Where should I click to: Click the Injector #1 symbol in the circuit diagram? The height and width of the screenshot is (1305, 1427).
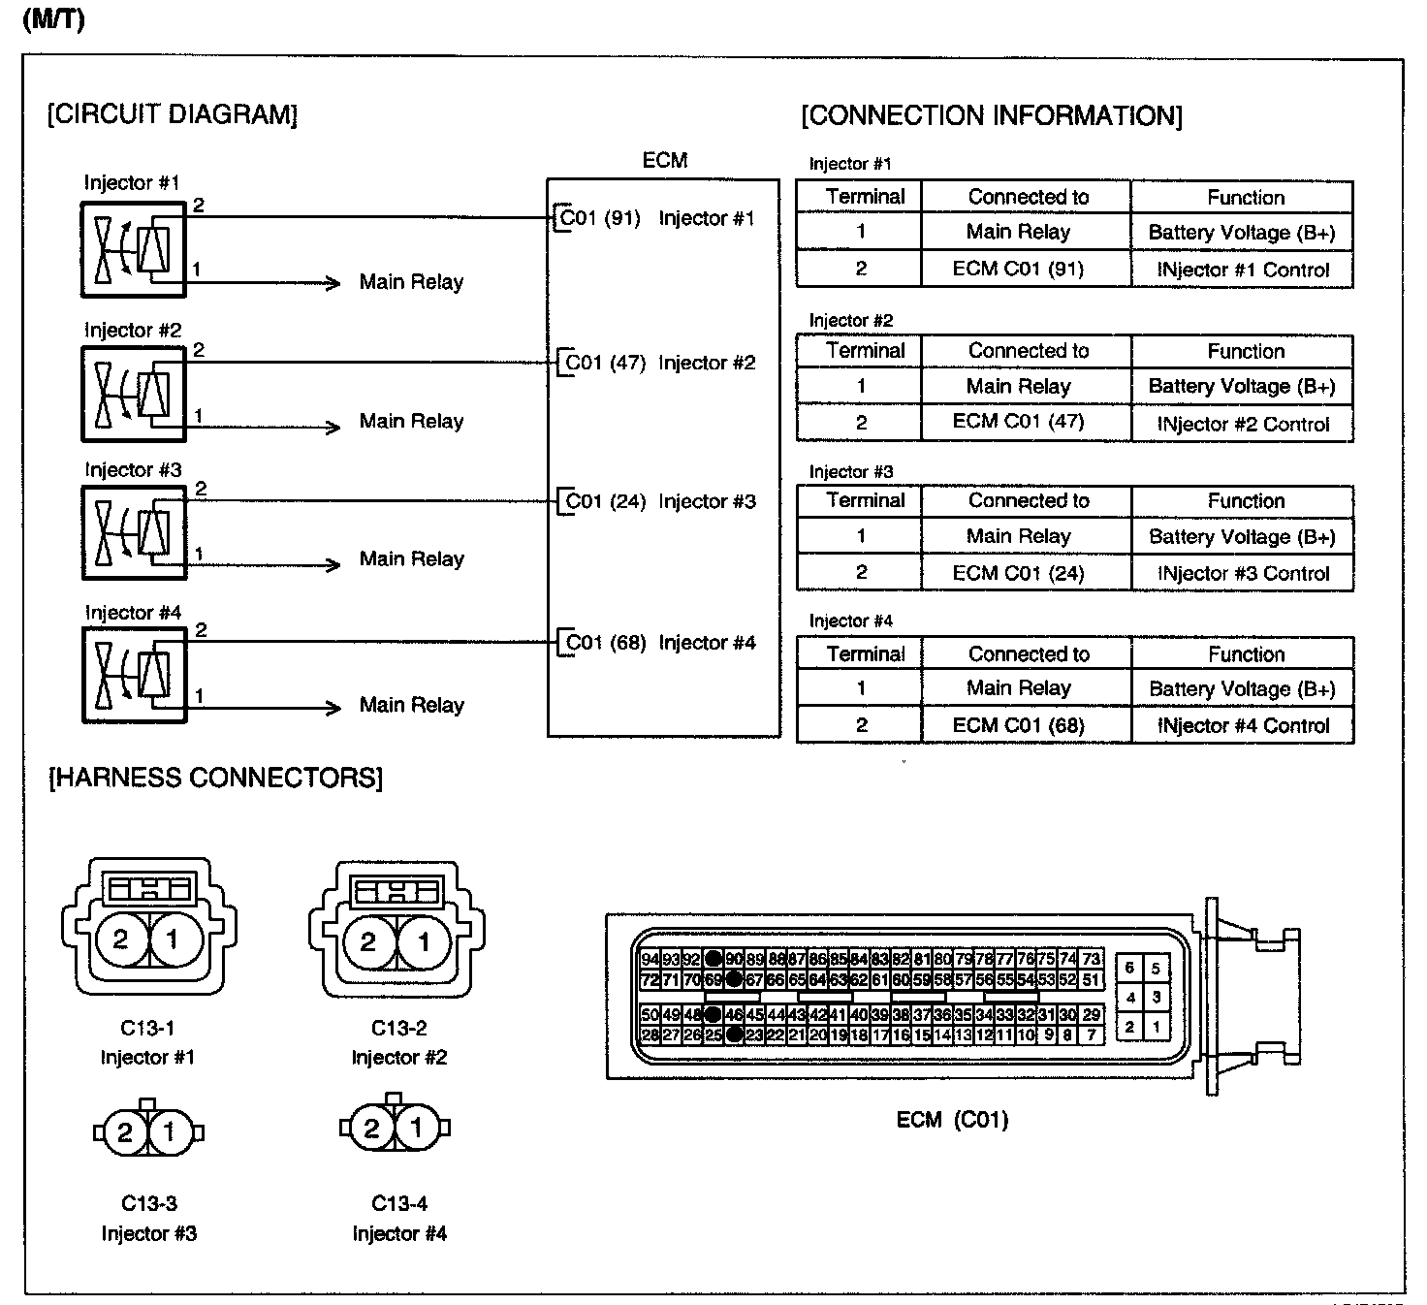coord(133,249)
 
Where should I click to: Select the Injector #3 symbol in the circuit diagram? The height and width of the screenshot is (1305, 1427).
coord(134,532)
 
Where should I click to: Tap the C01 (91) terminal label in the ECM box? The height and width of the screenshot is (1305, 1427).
coord(600,218)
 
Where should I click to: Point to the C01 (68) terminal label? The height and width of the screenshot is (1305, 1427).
coord(605,643)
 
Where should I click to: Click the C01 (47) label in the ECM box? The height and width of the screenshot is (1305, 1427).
coord(605,363)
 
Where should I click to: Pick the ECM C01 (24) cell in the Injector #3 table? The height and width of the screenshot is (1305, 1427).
coord(1018,573)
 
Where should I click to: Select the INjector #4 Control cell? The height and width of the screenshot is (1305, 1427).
coord(1243,726)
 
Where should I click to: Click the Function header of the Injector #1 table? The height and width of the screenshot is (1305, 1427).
coord(1245,198)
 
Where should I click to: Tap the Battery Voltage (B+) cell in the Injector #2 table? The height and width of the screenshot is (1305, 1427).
coord(1242,387)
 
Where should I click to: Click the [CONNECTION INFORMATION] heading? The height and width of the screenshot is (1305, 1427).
coord(991,116)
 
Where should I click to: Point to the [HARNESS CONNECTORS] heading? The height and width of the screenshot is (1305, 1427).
coord(215,778)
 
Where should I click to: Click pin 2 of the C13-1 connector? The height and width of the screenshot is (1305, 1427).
coord(120,939)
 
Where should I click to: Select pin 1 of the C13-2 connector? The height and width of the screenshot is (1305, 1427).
coord(423,940)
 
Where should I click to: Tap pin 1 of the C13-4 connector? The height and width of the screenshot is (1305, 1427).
coord(417,1128)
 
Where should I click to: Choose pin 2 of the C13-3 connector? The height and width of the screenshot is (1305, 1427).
coord(125,1132)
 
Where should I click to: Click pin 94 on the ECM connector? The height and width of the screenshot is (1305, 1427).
coord(650,959)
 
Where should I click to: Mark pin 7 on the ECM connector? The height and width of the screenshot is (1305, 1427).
coord(1092,1034)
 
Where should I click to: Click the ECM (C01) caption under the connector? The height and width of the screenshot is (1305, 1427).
coord(952,1121)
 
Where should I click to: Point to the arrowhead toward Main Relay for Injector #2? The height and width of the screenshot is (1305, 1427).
coord(333,427)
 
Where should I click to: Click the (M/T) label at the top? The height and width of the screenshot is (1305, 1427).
coord(52,18)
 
